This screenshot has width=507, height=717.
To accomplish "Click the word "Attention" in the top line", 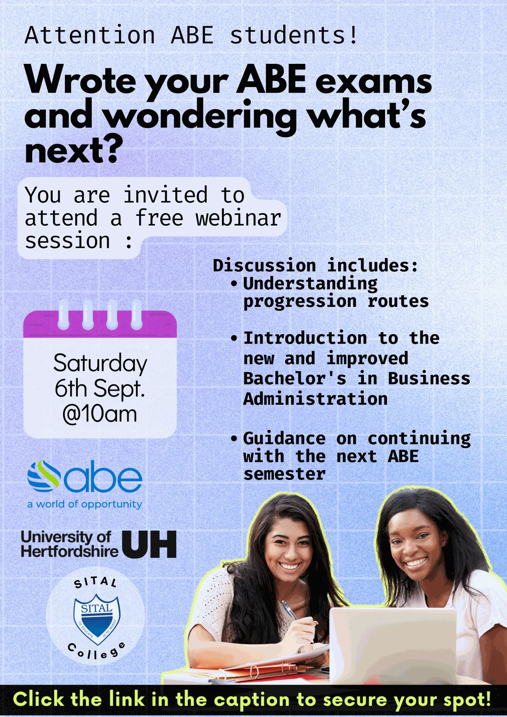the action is (x=90, y=35).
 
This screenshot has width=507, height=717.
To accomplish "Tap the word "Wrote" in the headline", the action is (x=80, y=80).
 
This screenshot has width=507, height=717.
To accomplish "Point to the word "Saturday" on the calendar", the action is (x=100, y=363).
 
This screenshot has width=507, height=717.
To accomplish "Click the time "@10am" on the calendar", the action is (x=100, y=414).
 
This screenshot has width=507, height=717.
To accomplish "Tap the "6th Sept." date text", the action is (x=100, y=388).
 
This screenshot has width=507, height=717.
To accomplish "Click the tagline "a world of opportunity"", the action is (x=85, y=504).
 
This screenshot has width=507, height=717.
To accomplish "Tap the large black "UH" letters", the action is (x=149, y=544).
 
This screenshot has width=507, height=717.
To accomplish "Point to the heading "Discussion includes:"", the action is (x=315, y=266).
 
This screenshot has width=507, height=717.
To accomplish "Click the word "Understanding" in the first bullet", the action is (x=310, y=283).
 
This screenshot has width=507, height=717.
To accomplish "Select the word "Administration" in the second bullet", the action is (x=315, y=399).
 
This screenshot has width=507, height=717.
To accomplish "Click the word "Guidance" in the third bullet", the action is (x=284, y=438).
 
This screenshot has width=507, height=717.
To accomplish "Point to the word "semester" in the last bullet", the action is (x=284, y=474).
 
